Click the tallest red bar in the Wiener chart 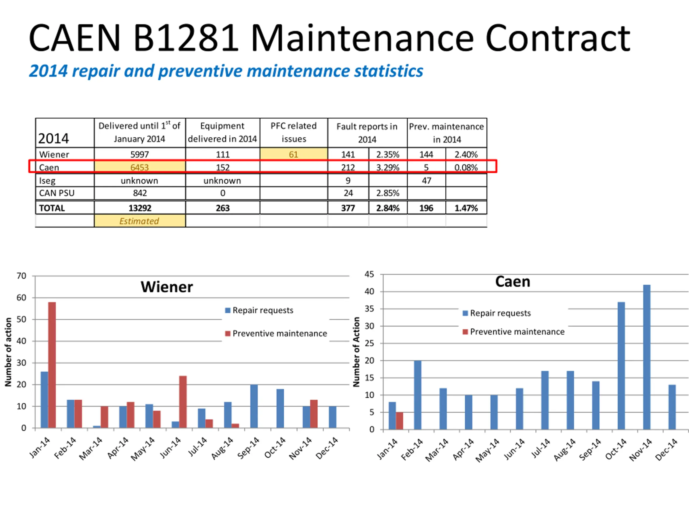(52, 365)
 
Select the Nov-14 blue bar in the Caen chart (647, 357)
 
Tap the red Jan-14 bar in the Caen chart (399, 421)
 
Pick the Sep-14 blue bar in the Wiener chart (254, 406)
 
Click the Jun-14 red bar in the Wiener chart (183, 402)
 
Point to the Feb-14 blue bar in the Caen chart (418, 395)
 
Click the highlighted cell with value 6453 (139, 167)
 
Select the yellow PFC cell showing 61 (293, 154)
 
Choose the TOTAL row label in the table (52, 208)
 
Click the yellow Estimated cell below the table (139, 221)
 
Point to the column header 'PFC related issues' (293, 132)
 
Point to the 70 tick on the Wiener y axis (22, 276)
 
